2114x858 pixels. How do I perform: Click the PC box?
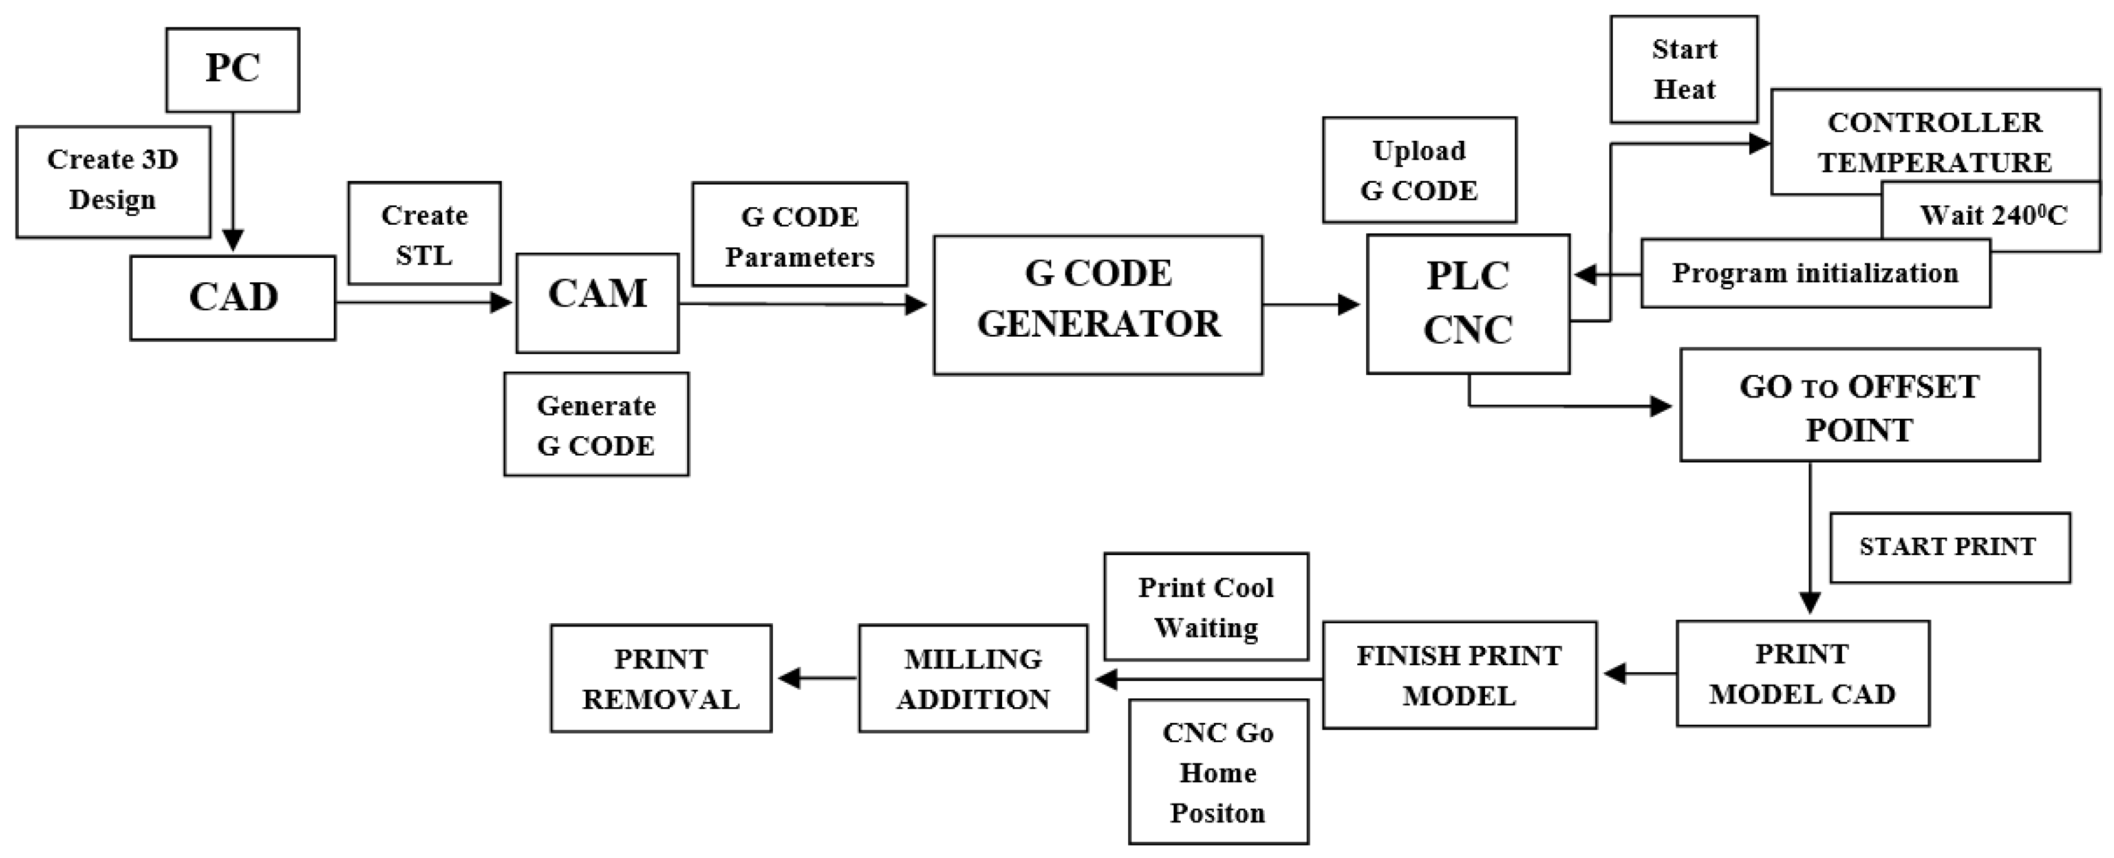[x=232, y=69]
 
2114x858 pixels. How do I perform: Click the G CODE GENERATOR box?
[x=1097, y=305]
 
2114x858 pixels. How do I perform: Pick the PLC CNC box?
[x=1468, y=304]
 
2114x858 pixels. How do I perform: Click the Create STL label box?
[x=423, y=234]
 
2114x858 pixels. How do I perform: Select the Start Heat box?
[x=1683, y=69]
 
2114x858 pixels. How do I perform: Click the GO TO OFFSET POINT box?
[x=1859, y=405]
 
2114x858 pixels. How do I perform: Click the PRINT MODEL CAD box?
[x=1802, y=673]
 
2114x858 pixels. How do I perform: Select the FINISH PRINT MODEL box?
[x=1458, y=675]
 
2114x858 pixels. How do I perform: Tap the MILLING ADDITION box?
[x=973, y=678]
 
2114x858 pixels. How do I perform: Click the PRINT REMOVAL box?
[x=661, y=678]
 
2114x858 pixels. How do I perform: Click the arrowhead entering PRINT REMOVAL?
[x=789, y=678]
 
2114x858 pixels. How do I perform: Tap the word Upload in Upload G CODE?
[x=1418, y=151]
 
